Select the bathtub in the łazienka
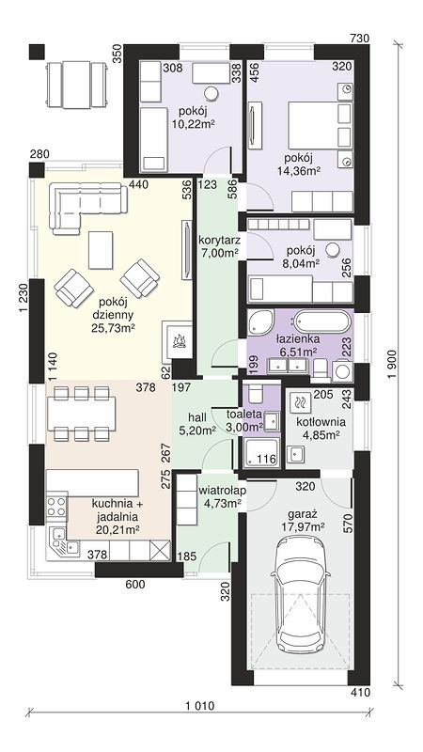click(321, 321)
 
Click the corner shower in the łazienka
click(260, 322)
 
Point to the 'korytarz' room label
click(218, 239)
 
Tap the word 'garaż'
click(300, 514)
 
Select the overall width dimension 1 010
click(199, 707)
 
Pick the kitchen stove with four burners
click(56, 507)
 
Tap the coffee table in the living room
click(101, 249)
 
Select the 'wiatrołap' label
click(223, 490)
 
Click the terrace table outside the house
click(76, 85)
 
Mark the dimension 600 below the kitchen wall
click(135, 584)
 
